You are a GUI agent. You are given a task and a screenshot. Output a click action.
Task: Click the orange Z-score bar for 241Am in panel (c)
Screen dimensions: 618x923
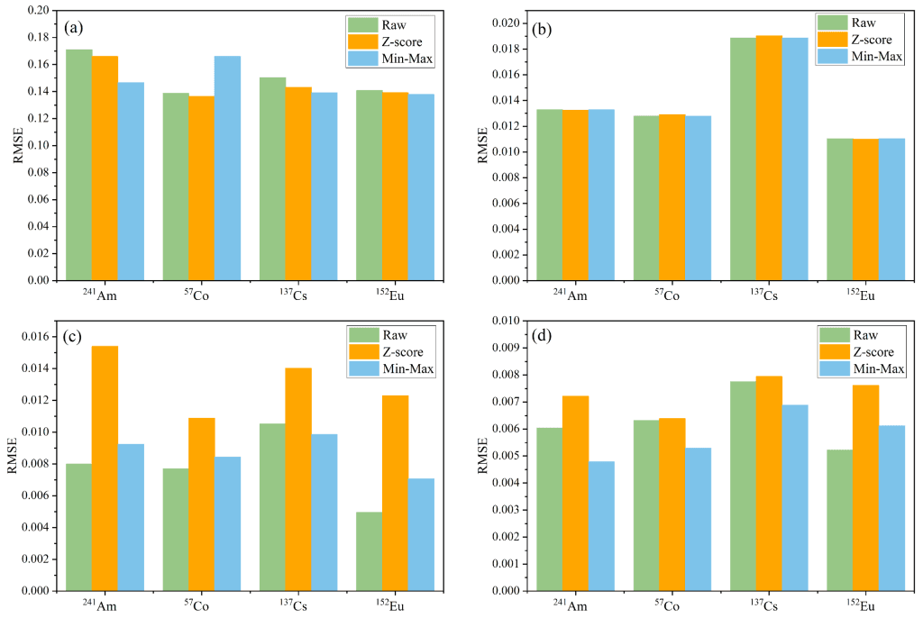(105, 468)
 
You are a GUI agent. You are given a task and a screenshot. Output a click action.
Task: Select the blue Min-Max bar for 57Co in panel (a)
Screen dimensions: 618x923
(228, 168)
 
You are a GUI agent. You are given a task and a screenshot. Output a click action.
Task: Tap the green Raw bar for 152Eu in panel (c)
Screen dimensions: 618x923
(369, 550)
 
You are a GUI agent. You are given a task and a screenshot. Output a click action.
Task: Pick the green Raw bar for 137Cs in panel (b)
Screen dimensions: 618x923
(743, 159)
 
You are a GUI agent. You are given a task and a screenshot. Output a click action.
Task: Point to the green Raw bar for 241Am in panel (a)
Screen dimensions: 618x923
(78, 164)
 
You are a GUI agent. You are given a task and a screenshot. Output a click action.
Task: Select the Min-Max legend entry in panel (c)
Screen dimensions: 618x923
(404, 368)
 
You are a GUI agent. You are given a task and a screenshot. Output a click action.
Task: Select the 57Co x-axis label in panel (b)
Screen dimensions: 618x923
(659, 295)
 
